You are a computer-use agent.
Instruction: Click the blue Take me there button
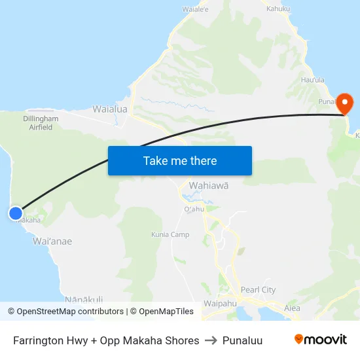coord(180,160)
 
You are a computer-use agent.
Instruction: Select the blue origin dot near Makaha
coord(16,213)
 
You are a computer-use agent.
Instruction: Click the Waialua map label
coord(110,109)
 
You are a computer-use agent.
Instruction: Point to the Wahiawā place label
coord(209,185)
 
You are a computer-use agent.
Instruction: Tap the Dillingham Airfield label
coord(41,123)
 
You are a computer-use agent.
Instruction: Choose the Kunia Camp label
coord(170,234)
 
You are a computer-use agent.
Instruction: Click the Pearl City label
coord(259,289)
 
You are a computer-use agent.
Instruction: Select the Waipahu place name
coord(219,304)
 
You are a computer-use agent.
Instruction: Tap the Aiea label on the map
coord(292,308)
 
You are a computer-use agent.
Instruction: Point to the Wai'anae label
coord(52,242)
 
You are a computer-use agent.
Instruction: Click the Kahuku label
coord(278,9)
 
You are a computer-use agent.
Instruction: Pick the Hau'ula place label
coord(313,80)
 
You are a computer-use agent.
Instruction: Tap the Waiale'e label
coord(195,10)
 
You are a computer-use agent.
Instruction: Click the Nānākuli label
coord(83,299)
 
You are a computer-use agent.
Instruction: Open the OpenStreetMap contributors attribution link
coord(70,312)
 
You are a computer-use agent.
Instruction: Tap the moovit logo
coord(320,340)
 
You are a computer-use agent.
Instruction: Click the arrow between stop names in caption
coord(211,340)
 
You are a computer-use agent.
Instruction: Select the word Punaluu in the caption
coord(242,340)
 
